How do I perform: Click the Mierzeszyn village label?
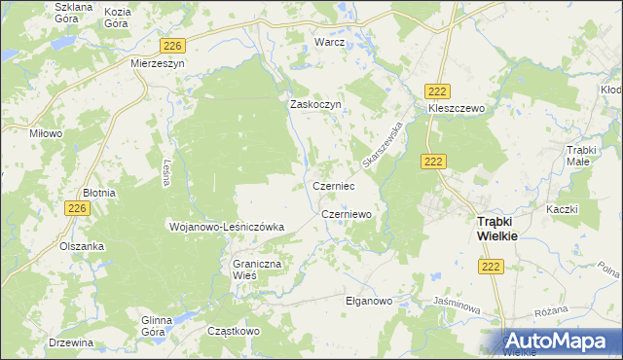(x=157, y=62)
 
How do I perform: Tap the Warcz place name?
(x=330, y=43)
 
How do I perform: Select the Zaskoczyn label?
(x=312, y=105)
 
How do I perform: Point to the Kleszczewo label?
(x=456, y=109)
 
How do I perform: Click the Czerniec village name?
(x=333, y=185)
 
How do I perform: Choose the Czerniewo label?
(x=346, y=214)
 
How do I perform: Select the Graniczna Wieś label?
(x=256, y=270)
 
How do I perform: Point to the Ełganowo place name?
(x=368, y=301)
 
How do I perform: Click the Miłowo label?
(x=46, y=133)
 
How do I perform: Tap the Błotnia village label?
(x=99, y=193)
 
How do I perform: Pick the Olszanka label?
(x=82, y=246)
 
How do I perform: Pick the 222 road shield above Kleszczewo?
(x=438, y=90)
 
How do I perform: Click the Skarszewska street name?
(x=381, y=142)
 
